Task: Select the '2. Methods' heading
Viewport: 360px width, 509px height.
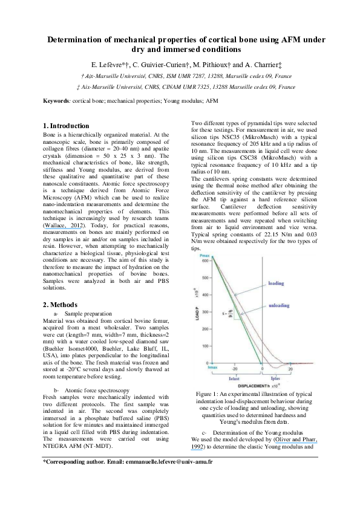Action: (x=61, y=305)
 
